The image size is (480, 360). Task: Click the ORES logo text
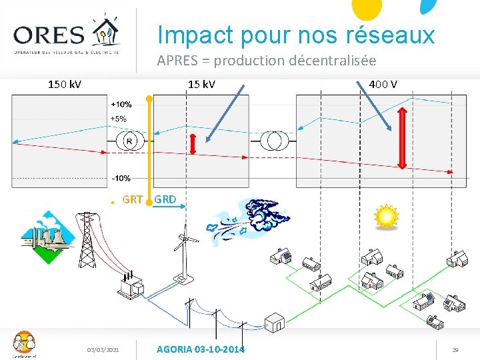(49, 35)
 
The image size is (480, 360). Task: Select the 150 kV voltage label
(65, 85)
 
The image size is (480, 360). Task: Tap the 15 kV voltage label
(201, 85)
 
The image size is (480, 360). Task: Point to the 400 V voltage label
(383, 85)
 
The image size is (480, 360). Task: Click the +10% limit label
(121, 105)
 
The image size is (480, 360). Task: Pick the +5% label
(119, 119)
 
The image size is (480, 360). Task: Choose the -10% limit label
(121, 178)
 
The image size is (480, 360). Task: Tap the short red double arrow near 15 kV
(193, 145)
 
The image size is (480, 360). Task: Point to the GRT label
(132, 199)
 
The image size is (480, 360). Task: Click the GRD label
(165, 199)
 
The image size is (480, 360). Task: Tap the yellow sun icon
(385, 217)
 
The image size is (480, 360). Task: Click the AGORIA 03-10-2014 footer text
(199, 349)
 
